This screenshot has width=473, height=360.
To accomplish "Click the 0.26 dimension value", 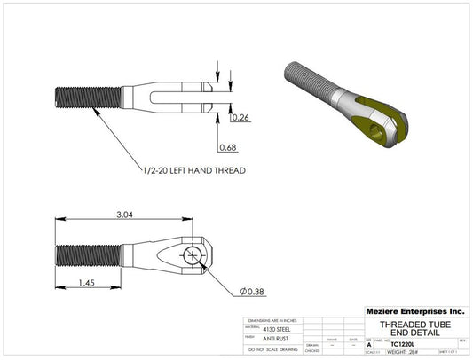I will coord(240,116).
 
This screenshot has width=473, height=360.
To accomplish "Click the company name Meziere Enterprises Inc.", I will coord(414,312).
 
